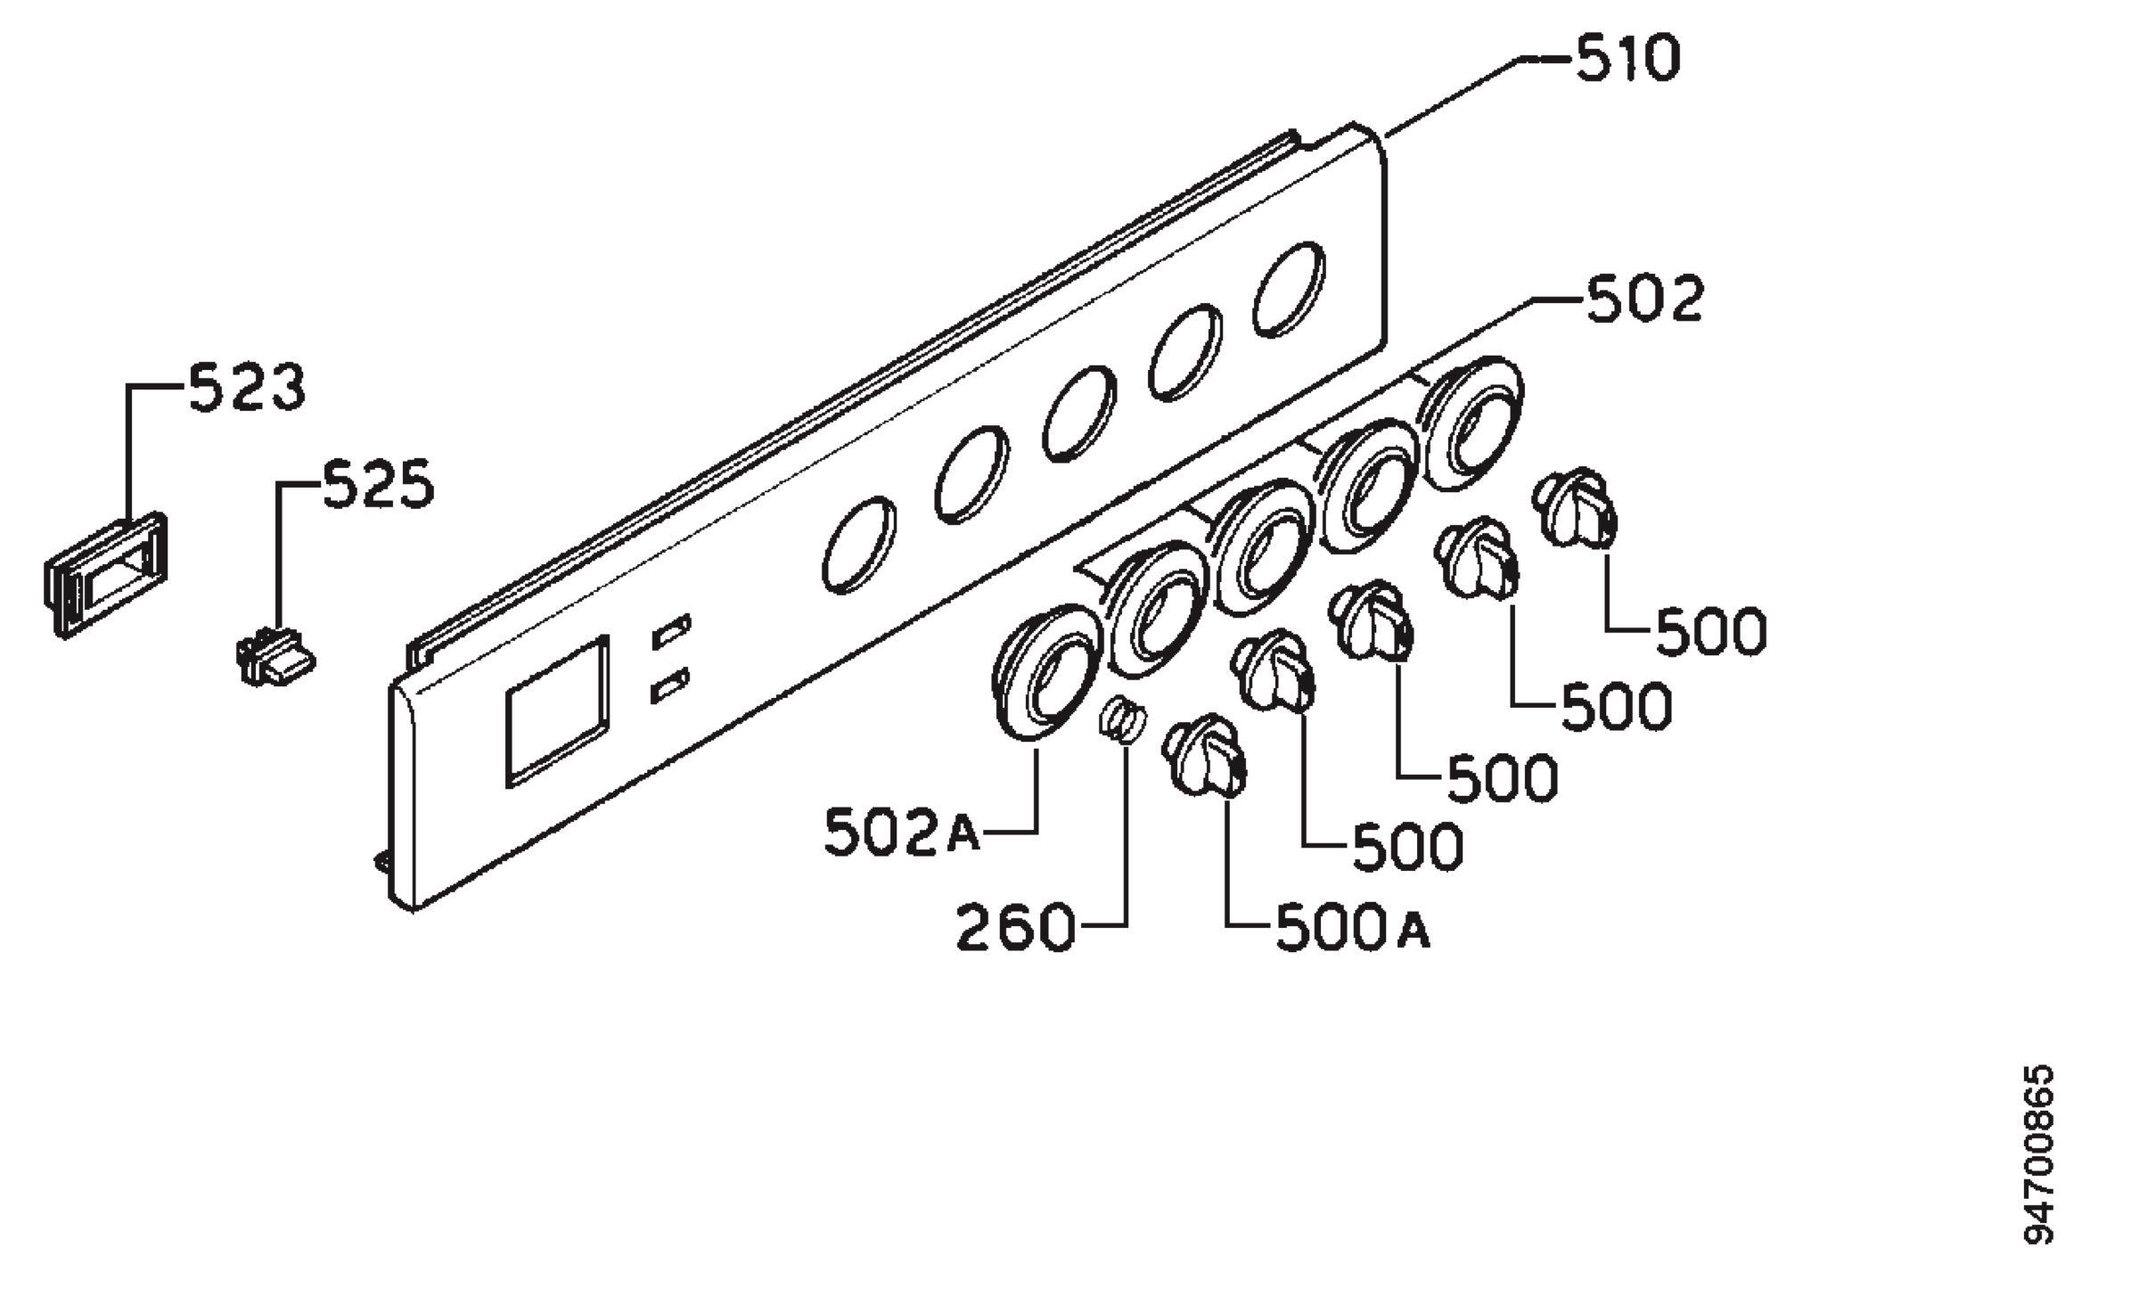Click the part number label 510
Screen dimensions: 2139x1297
tap(1627, 59)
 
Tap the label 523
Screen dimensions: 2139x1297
tap(247, 387)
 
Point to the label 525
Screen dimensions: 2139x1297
tap(378, 485)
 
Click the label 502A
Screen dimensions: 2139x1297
tap(901, 833)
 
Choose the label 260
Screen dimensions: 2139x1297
tap(1015, 928)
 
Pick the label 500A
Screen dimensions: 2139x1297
tap(1353, 929)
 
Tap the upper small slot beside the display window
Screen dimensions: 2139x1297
tap(671, 630)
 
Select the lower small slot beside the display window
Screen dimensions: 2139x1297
tap(671, 685)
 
